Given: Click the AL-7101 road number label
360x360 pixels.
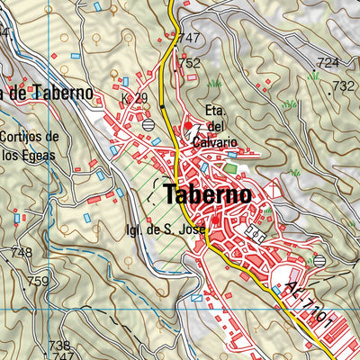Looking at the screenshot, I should tap(310, 304).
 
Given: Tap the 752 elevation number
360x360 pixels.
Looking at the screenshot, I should tap(189, 64).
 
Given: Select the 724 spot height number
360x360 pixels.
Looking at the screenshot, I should tap(328, 62).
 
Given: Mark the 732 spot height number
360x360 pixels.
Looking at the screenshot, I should tap(343, 86).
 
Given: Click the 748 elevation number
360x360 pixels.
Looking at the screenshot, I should tap(20, 252).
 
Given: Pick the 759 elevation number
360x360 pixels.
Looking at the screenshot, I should tap(38, 282).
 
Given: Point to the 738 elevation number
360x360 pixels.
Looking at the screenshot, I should tap(58, 346).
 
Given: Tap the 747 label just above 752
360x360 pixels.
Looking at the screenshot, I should tap(188, 38).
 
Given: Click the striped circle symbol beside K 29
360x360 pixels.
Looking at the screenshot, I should tap(148, 125).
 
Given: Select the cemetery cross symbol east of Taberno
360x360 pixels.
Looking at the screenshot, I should tap(274, 190).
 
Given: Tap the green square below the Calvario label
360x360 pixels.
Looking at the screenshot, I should tap(230, 167).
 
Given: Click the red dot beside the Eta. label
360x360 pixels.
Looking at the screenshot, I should tap(188, 125).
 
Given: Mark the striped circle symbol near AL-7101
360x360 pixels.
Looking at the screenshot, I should tap(319, 260).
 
